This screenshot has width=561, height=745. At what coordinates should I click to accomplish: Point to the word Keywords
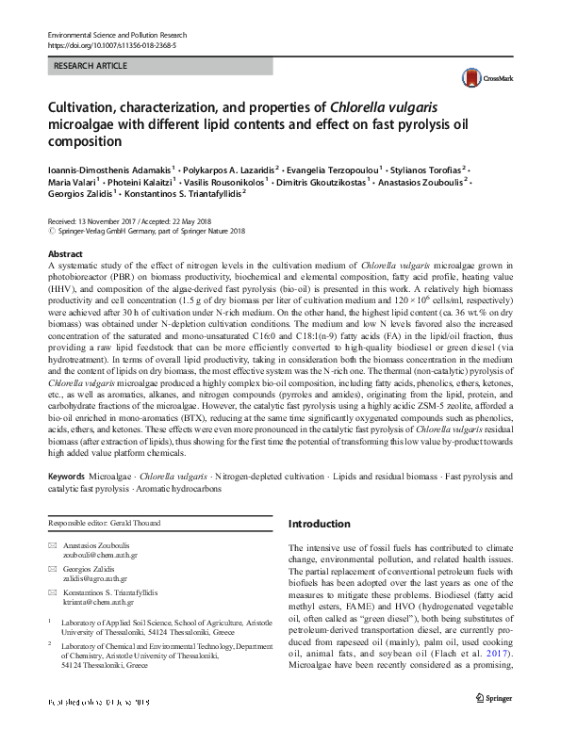(70, 477)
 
